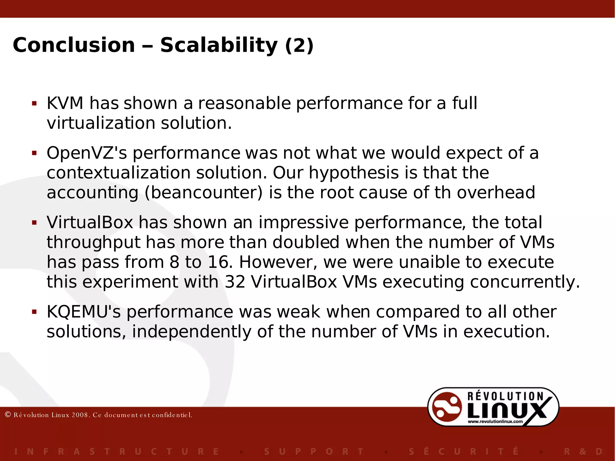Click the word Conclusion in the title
[x=74, y=45]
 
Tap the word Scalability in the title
[x=219, y=45]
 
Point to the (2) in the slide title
[x=299, y=46]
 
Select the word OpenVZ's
[x=87, y=153]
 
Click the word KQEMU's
[x=84, y=312]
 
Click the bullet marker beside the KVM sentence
[x=34, y=104]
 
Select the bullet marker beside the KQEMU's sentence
[x=34, y=312]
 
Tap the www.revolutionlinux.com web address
[x=495, y=421]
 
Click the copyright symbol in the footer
[x=8, y=415]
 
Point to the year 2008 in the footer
[x=80, y=415]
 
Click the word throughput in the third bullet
[x=94, y=243]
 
